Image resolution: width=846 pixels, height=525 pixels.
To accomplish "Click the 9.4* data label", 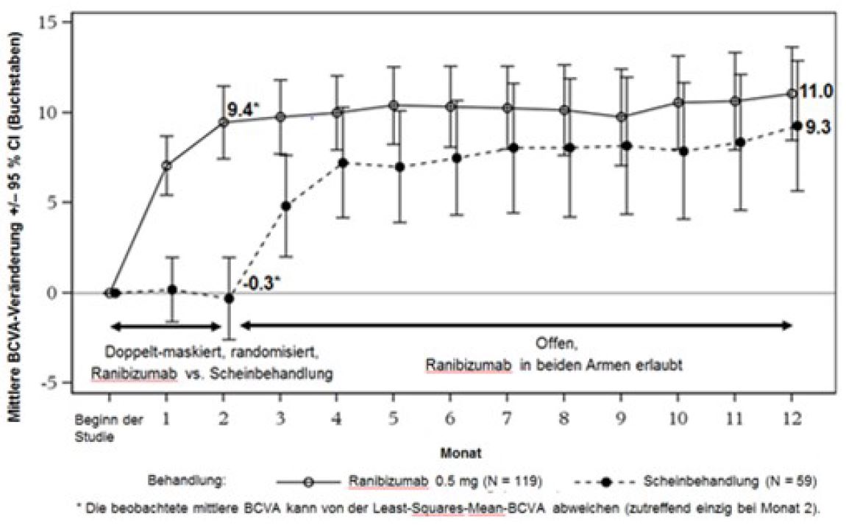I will coord(243,110).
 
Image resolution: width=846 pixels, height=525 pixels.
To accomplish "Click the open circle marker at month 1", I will coord(166,165).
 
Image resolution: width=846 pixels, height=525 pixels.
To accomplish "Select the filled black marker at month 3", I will coord(286,206).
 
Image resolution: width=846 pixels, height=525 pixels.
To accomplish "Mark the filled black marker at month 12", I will coord(797,126).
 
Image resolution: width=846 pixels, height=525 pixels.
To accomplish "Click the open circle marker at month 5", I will coord(394,106).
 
